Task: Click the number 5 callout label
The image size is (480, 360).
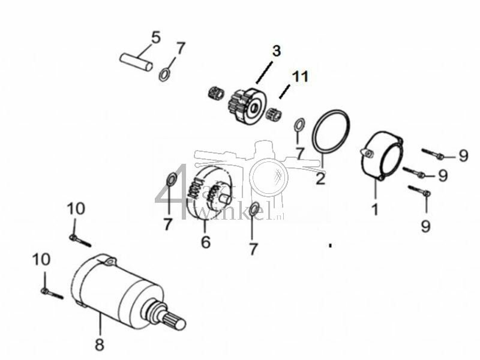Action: [155, 37]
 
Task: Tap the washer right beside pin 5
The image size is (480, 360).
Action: [163, 75]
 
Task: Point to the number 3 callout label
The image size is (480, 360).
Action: [275, 51]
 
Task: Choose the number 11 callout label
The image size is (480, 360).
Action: [299, 76]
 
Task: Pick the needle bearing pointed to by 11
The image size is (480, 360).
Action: [274, 110]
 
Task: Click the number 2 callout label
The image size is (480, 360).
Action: [320, 178]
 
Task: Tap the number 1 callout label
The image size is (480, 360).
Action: [375, 209]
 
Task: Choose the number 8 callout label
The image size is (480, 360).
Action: [100, 344]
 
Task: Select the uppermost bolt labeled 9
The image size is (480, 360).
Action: [432, 154]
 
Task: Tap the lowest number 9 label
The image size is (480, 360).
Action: [425, 226]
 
